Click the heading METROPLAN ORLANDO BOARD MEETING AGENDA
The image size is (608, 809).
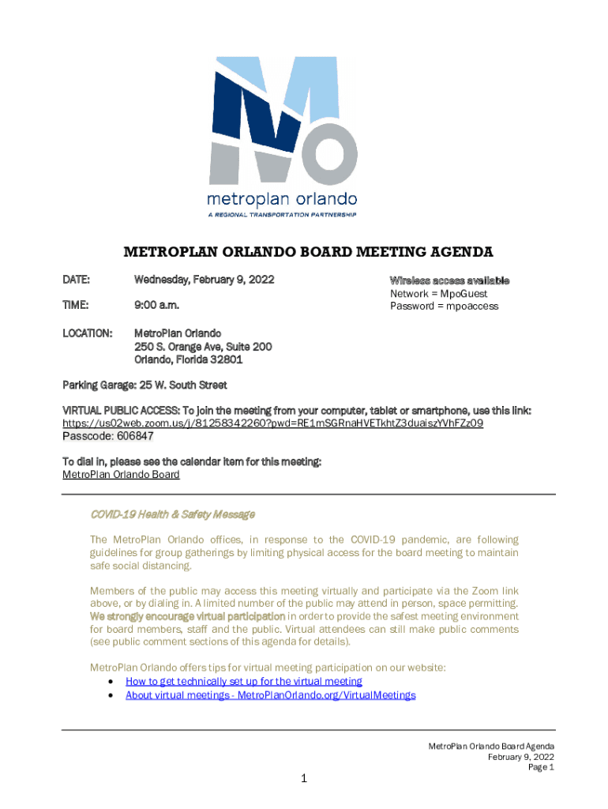pos(308,252)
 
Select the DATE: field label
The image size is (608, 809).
pos(77,280)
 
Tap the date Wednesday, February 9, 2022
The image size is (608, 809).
pos(204,280)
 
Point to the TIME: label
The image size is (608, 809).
pos(77,304)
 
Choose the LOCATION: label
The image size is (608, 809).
pos(87,333)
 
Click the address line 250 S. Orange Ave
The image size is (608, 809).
pos(203,347)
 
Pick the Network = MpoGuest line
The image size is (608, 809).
pos(438,294)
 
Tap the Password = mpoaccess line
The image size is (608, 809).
pos(444,306)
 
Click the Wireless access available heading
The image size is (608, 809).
pos(449,281)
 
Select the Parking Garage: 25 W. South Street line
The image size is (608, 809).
pos(144,386)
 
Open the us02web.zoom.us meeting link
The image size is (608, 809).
pos(272,423)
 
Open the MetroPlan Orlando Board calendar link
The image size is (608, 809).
pos(121,475)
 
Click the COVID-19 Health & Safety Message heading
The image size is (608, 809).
pos(172,514)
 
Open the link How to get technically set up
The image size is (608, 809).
pos(243,681)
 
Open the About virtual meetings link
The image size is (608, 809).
pos(270,695)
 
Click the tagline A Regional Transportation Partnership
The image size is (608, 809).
pos(281,215)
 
